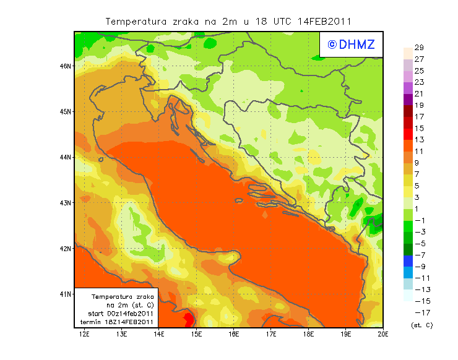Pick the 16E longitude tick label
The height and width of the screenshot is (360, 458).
[233, 335]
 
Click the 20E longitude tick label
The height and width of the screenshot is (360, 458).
[382, 335]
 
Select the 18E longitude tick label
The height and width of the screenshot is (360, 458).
[308, 335]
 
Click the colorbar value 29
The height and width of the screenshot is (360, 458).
[419, 48]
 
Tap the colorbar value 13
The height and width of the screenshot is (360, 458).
[419, 140]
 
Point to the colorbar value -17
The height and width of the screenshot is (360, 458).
[419, 313]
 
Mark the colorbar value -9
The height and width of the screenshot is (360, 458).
[419, 267]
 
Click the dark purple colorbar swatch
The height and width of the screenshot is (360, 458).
[407, 99]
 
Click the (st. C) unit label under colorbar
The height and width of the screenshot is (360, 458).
[421, 325]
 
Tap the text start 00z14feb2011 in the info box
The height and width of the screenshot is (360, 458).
[121, 314]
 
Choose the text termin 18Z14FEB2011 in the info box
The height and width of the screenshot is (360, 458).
[121, 322]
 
